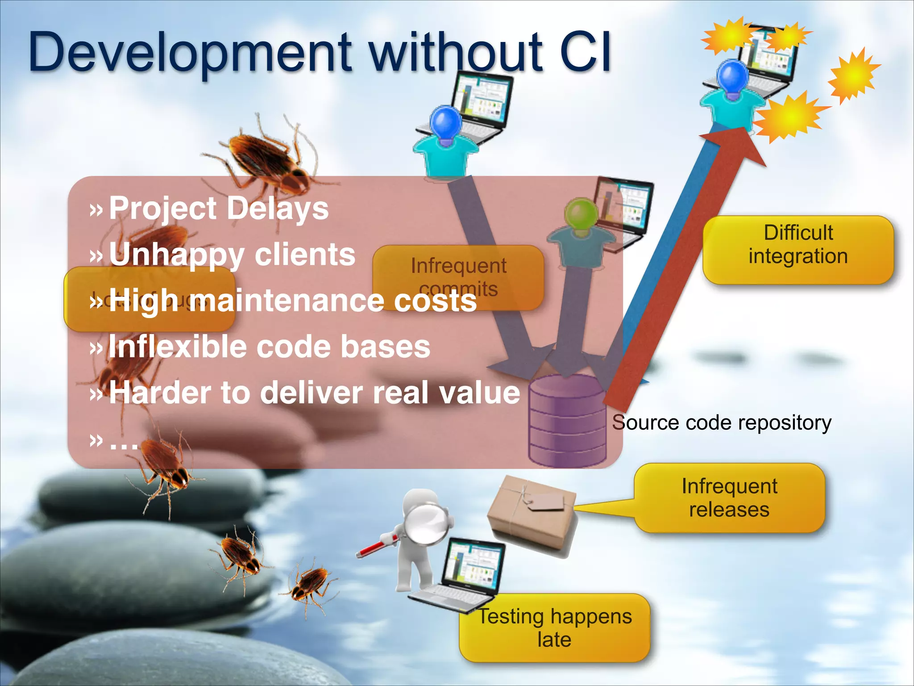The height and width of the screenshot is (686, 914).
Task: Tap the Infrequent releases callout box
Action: coord(729,498)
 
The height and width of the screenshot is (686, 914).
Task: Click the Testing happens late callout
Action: coord(555,628)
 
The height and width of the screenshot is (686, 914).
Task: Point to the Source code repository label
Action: coord(722,422)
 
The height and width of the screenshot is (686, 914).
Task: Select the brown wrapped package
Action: coord(531,514)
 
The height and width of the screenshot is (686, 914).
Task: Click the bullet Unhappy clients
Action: coord(232,255)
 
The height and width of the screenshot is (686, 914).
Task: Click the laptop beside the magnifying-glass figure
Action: coord(464,576)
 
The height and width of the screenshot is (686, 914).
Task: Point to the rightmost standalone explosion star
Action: coord(853,76)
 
